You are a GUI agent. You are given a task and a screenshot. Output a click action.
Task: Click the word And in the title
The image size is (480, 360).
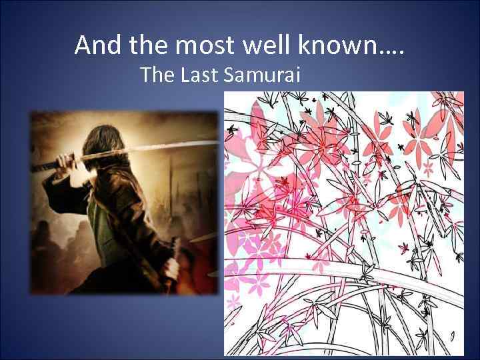(x=98, y=45)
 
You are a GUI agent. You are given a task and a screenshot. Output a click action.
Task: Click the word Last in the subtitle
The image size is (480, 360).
(x=199, y=75)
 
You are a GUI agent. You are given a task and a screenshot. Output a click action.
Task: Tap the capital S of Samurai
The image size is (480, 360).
(x=230, y=75)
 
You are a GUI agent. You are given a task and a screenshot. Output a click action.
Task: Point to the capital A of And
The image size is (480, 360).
(x=83, y=45)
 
